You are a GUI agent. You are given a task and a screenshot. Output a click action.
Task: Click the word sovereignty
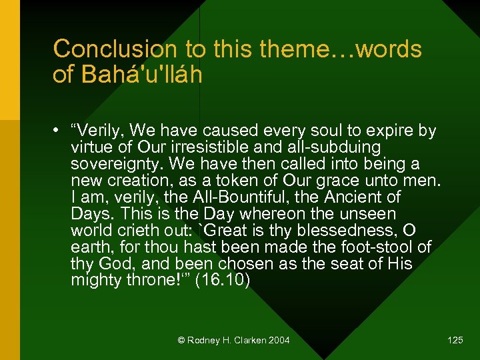point(118,164)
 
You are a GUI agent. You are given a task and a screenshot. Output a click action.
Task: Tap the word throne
point(150,281)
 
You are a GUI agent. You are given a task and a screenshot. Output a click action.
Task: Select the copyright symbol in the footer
point(181,341)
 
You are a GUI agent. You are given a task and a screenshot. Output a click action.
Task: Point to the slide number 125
point(455,341)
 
